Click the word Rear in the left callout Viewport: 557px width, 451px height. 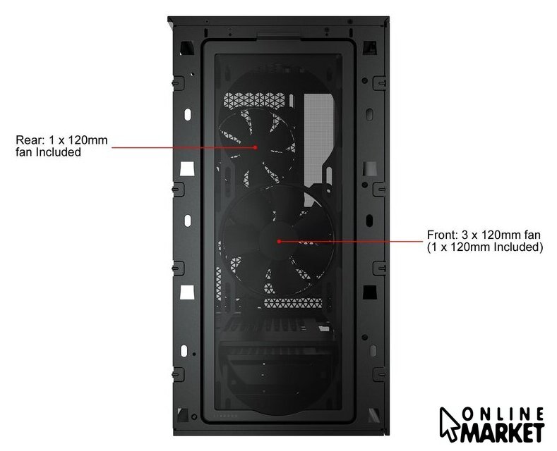click(x=30, y=140)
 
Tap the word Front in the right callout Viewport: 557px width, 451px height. click(x=442, y=235)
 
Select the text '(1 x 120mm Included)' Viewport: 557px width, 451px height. click(x=485, y=247)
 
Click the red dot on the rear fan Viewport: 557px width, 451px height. click(x=256, y=147)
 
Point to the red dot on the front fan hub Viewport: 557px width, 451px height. click(x=279, y=241)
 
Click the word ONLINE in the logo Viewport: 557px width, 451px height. click(x=503, y=414)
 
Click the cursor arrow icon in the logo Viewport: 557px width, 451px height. click(x=450, y=424)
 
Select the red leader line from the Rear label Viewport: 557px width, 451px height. click(x=184, y=147)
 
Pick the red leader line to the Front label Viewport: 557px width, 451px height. click(x=351, y=242)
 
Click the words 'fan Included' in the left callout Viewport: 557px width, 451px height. click(x=48, y=152)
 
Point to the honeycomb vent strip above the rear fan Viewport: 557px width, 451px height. click(x=254, y=99)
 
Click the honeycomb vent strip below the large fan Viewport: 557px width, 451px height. click(x=293, y=303)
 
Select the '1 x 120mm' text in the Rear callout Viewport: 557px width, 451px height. click(x=78, y=140)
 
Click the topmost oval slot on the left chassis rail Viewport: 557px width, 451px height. click(x=188, y=115)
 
